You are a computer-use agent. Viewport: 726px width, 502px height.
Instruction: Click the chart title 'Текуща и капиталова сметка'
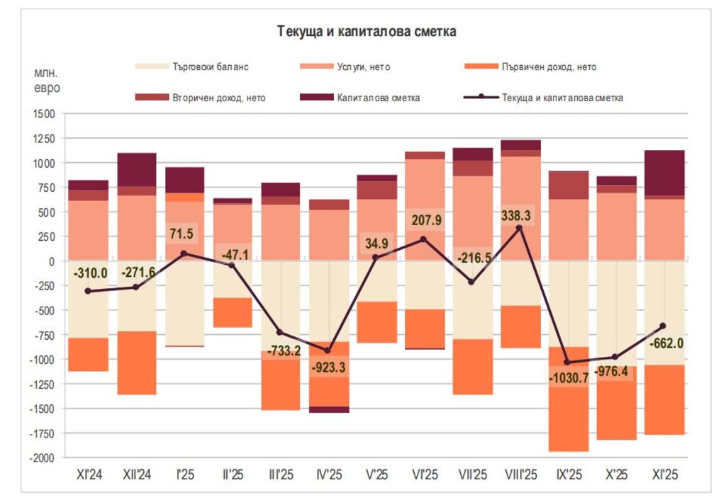367,32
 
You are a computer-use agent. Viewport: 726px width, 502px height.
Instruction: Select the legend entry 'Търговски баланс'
211,67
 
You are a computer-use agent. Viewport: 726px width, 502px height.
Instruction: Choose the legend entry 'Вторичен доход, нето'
218,98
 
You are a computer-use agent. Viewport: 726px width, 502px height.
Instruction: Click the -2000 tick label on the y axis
40,458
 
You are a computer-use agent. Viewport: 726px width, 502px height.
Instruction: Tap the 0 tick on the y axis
50,261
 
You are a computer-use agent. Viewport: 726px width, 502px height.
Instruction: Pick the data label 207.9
425,220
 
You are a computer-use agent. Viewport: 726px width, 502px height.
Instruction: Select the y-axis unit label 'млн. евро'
47,81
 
